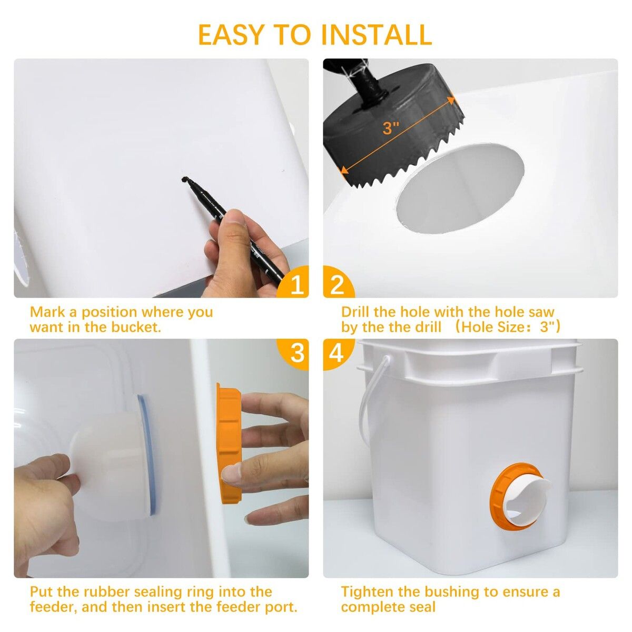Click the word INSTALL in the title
pyautogui.click(x=376, y=34)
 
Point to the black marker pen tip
pyautogui.click(x=184, y=180)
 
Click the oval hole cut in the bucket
pyautogui.click(x=459, y=189)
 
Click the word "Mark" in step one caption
pyautogui.click(x=48, y=312)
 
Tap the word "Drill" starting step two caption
pyautogui.click(x=354, y=312)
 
